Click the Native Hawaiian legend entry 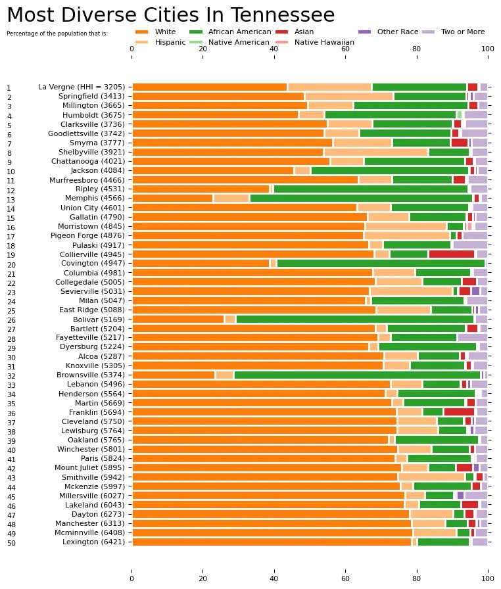(x=324, y=42)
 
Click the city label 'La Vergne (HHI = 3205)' (x=83, y=87)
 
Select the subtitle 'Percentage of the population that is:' (x=57, y=33)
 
